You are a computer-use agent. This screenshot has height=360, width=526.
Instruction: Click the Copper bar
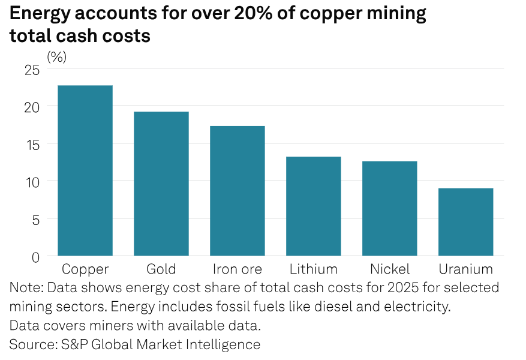coord(85,171)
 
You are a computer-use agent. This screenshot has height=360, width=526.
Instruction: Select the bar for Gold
coord(161,184)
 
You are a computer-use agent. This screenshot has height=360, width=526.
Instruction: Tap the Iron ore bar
coord(237,191)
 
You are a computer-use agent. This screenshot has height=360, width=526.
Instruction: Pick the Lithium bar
coord(313,206)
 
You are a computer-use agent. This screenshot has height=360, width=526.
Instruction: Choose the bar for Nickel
coord(389,209)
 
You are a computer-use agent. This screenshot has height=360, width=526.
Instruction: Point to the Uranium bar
coord(465,222)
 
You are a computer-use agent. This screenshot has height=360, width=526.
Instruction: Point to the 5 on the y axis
coord(35,219)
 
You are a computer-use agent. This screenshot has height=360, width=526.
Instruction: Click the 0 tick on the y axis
coord(35,256)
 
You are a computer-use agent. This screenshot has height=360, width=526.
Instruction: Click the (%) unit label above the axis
coord(57,57)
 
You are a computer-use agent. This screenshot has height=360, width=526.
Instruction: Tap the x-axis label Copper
coord(85,268)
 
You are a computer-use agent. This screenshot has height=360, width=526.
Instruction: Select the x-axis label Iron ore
coord(237,268)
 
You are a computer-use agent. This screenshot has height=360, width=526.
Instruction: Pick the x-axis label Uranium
coord(465,268)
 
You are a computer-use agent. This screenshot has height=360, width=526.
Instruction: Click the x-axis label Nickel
coord(389,268)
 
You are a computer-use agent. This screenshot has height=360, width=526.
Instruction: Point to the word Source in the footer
coord(31,344)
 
